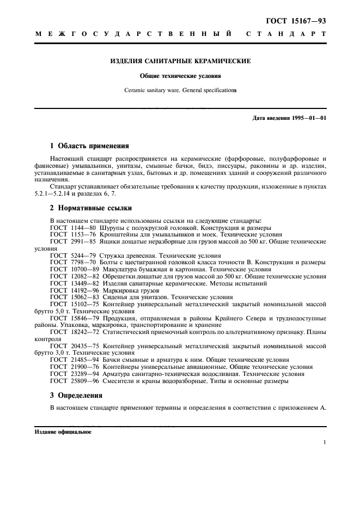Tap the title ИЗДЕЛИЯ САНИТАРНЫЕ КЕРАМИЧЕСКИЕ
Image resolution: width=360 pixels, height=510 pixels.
pyautogui.click(x=180, y=62)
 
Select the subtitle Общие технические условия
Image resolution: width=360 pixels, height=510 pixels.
pyautogui.click(x=180, y=76)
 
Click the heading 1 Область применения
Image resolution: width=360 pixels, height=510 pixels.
pyautogui.click(x=89, y=145)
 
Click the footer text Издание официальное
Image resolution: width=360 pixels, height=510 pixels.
pyautogui.click(x=63, y=432)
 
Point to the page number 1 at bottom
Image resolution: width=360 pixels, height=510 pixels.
pyautogui.click(x=324, y=442)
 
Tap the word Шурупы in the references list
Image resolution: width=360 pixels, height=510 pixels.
pyautogui.click(x=112, y=227)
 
